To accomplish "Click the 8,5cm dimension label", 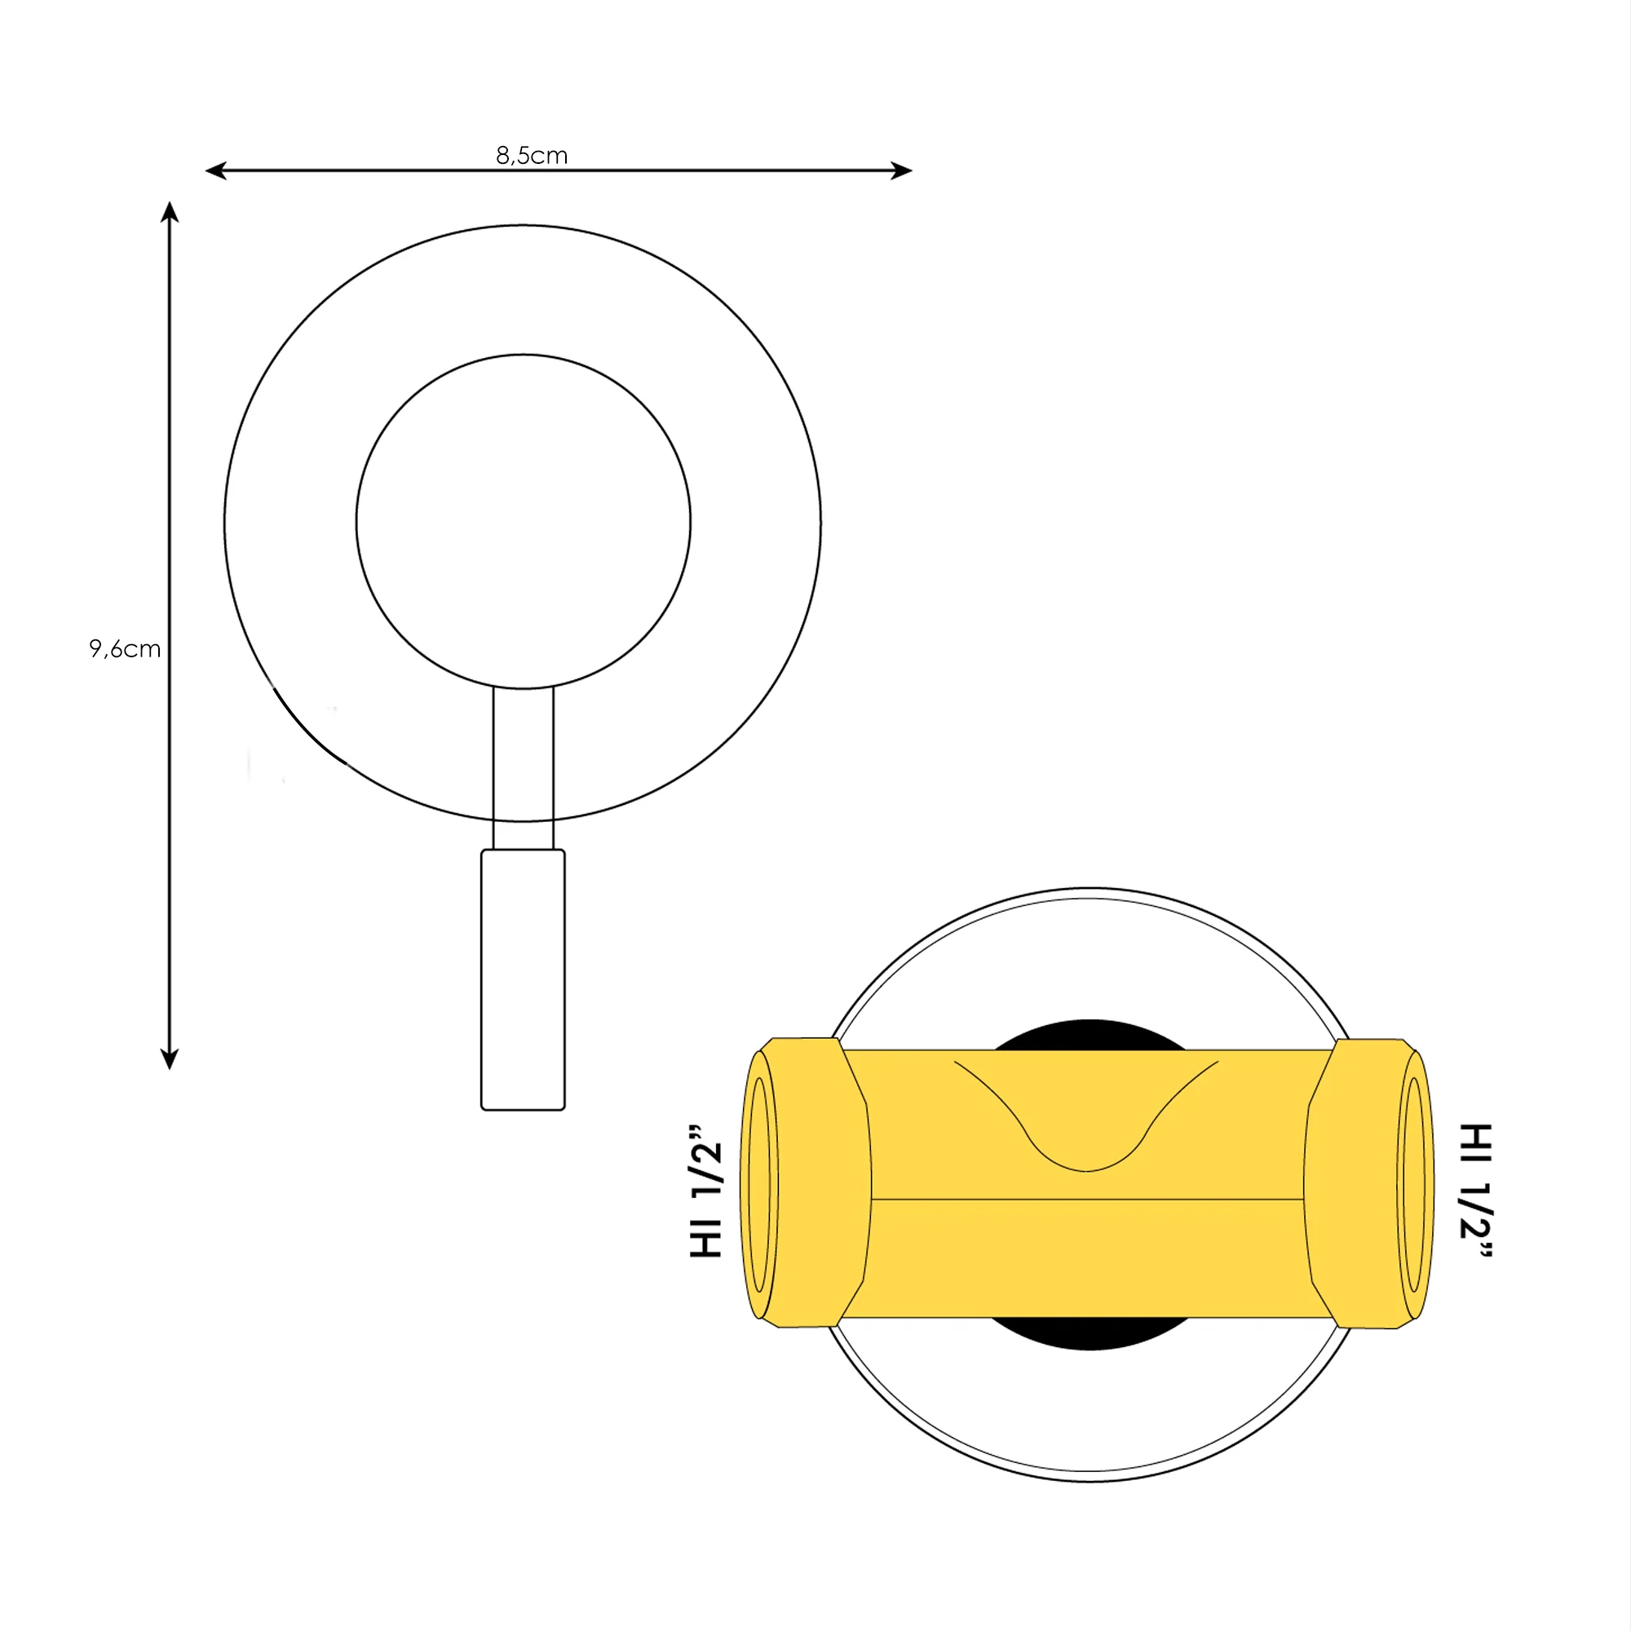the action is click(531, 155).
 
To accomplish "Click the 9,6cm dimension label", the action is click(125, 648).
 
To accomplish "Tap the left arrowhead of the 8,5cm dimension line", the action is click(216, 171).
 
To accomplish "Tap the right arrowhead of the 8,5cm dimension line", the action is click(902, 171).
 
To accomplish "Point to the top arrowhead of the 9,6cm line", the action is click(170, 212).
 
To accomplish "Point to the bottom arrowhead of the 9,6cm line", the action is click(170, 1059).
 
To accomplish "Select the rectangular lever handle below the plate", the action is click(523, 979).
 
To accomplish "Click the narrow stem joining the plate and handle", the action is click(524, 768).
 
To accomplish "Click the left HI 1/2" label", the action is click(706, 1191).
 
